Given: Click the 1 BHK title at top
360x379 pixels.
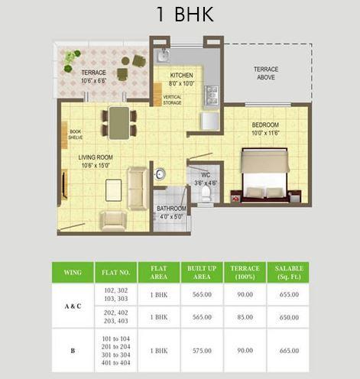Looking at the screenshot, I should click(180, 15).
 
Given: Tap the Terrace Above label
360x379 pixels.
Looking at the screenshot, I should click(267, 73).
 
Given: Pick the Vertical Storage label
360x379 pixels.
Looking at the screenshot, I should click(173, 100).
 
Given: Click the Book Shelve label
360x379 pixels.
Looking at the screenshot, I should click(76, 134).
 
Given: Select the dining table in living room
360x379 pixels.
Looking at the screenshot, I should click(118, 122).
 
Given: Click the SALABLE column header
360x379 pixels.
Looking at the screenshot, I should click(290, 273).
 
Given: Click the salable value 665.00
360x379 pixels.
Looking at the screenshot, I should click(290, 349).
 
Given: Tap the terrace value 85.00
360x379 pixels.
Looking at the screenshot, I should click(245, 316).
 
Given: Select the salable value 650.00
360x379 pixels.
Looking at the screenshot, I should click(290, 316).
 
